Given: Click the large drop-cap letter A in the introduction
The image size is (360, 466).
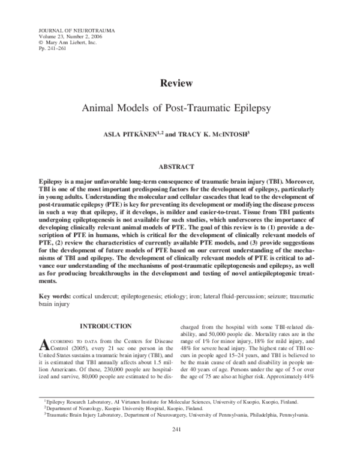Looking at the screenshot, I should coord(44,345).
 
